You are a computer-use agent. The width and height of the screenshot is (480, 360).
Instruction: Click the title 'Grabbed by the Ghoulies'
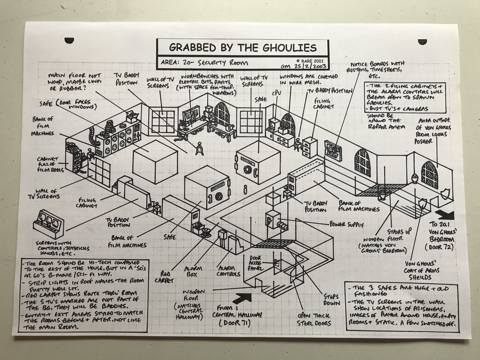pyautogui.click(x=243, y=48)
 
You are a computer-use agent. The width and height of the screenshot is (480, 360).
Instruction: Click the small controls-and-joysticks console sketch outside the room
pyautogui.click(x=50, y=221)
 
